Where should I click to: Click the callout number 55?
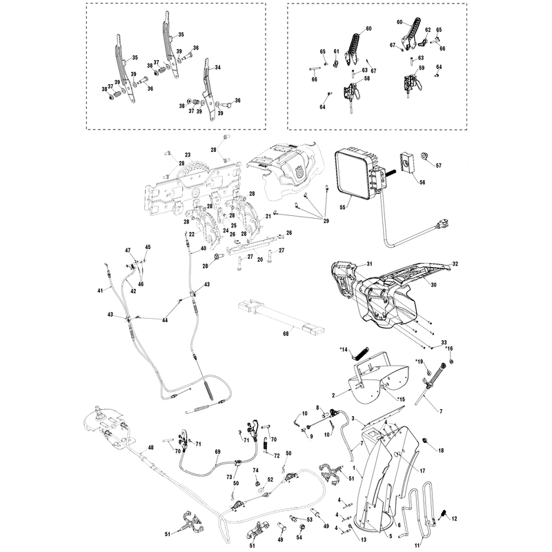pos(342,208)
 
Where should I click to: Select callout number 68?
pos(286,333)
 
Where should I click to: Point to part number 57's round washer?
pos(425,157)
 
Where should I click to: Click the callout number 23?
pos(188,155)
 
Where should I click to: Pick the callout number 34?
pos(217,67)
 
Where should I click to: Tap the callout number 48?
pos(150,448)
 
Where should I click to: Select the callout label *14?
pos(343,350)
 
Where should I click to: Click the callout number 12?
pos(454,519)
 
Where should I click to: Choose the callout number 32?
pos(455,264)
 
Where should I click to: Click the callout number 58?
pos(367,79)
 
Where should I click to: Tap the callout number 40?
pos(204,248)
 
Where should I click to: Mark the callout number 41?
pos(101,290)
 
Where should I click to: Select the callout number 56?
pos(422,182)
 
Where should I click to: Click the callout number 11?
pos(417,546)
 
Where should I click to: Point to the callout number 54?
pos(299,538)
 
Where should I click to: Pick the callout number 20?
pos(260,260)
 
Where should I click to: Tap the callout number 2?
pos(333,395)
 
